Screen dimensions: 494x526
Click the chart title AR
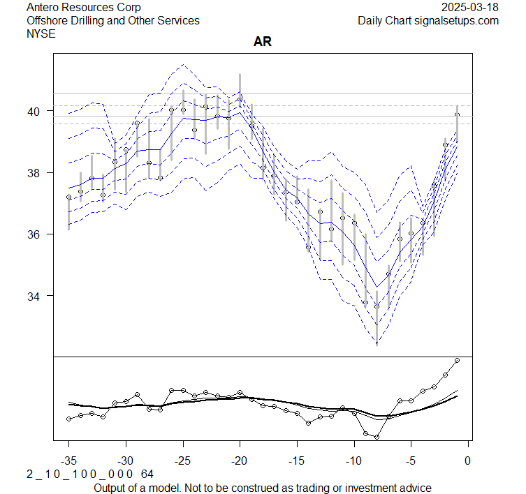(x=263, y=42)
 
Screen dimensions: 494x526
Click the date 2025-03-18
(x=471, y=7)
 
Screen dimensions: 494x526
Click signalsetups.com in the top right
(x=457, y=20)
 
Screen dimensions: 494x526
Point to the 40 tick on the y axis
(x=41, y=111)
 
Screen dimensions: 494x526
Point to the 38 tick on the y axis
(x=41, y=172)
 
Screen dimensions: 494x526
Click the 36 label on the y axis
(x=41, y=234)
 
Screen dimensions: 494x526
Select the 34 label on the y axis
(x=41, y=296)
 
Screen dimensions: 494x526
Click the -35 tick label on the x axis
(x=68, y=461)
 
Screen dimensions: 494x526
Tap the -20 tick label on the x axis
(x=240, y=461)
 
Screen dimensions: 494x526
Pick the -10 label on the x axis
(x=353, y=461)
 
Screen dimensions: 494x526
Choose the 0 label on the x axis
(x=468, y=461)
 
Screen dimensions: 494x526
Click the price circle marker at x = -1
(x=457, y=116)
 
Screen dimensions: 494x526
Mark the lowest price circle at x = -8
(x=377, y=306)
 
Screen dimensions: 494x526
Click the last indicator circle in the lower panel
(x=457, y=360)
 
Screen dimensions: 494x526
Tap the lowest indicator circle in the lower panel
(x=377, y=437)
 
